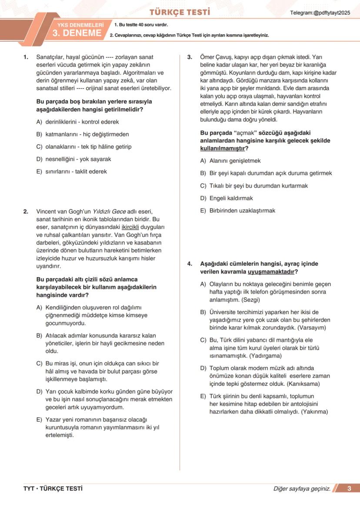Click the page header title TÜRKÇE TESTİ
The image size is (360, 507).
tap(180, 12)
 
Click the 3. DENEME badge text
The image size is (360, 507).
tap(77, 33)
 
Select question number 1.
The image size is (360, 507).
tap(26, 57)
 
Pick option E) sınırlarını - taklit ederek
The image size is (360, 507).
tap(72, 171)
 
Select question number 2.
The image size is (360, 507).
tap(26, 212)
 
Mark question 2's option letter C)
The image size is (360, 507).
tap(39, 364)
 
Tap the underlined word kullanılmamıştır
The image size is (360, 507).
tap(222, 148)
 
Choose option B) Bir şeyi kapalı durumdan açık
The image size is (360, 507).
tap(266, 173)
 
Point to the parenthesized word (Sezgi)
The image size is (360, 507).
tap(248, 299)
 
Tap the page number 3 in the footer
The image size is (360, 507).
tap(350, 489)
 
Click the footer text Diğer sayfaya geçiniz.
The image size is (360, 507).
tap(302, 489)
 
